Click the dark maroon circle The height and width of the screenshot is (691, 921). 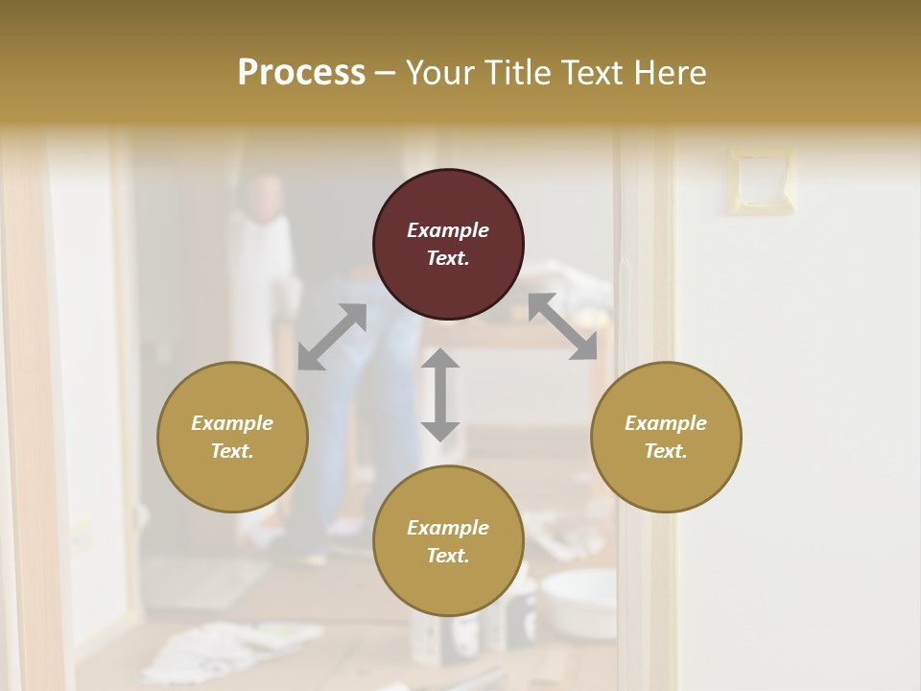448,244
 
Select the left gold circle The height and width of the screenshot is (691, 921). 232,437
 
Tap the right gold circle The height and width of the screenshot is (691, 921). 666,437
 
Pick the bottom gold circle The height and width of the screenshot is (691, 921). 448,541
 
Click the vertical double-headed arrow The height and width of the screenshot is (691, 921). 440,394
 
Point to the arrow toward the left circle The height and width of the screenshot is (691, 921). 332,337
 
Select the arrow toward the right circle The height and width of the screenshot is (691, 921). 563,327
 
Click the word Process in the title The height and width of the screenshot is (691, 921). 301,73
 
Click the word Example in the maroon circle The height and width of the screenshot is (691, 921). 448,230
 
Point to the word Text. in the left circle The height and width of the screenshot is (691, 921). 232,451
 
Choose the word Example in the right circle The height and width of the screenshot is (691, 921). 666,423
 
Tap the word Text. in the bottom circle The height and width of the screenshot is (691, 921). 448,556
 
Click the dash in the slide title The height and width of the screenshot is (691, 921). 386,73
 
